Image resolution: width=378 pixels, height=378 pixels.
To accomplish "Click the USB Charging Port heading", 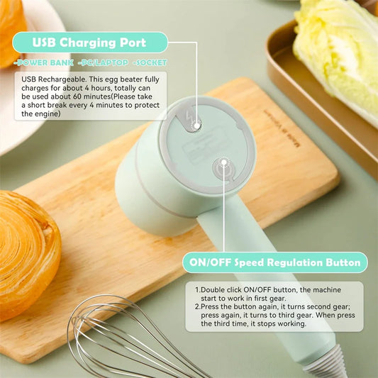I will (x=89, y=42).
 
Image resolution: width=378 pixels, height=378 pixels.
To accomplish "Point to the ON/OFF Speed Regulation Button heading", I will (x=274, y=262).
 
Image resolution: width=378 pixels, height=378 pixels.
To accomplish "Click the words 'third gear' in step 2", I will (x=316, y=316).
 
